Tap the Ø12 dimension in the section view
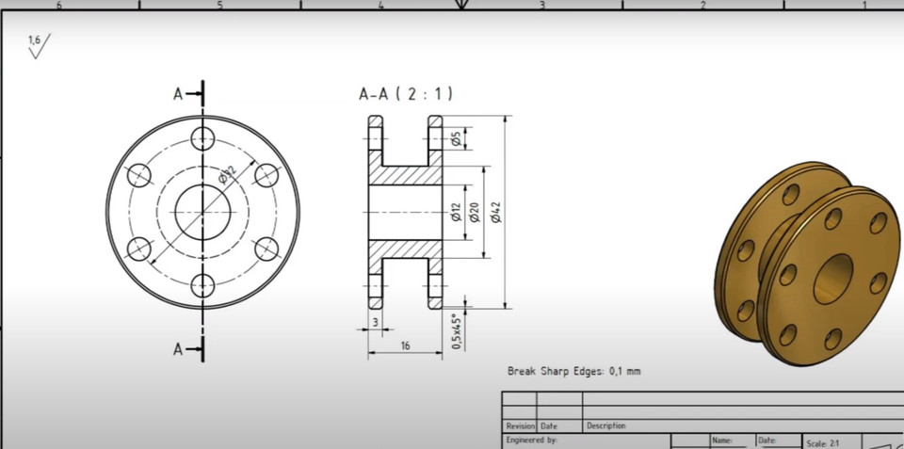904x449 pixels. point(455,213)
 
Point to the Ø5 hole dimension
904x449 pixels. point(455,139)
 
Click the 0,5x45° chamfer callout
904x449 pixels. point(457,331)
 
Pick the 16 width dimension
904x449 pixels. point(405,345)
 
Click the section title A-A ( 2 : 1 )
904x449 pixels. point(406,93)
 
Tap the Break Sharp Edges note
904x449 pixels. point(573,371)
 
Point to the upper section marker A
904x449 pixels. point(178,93)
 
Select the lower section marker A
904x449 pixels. point(178,349)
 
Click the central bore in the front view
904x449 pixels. point(202,212)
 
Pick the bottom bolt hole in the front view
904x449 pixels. point(202,284)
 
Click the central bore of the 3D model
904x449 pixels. point(832,278)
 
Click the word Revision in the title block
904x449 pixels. point(520,426)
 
